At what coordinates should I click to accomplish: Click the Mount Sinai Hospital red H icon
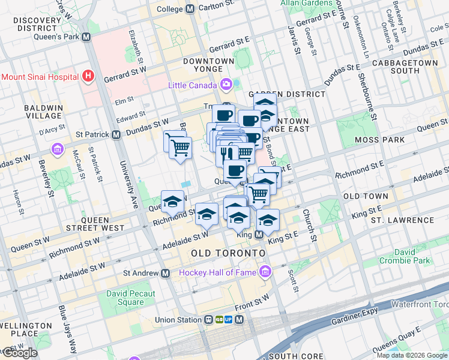pos(89,76)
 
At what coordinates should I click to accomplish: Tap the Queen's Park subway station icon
pos(86,36)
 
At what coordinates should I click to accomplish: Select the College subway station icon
pos(190,9)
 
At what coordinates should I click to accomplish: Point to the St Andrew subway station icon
pos(165,273)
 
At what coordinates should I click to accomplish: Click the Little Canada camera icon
pos(227,84)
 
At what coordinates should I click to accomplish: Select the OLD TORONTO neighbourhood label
pos(228,254)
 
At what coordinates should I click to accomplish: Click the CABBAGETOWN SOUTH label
pos(404,67)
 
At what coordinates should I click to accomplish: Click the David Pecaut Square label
pos(131,298)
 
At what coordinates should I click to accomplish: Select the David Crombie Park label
pos(405,256)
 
